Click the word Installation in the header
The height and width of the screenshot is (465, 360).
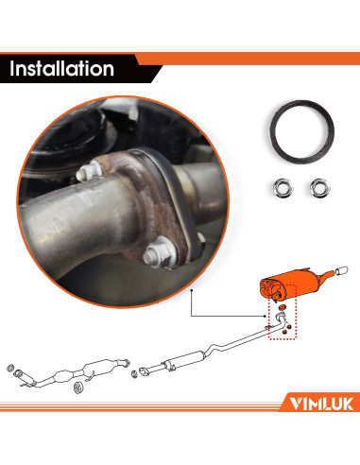[61, 69]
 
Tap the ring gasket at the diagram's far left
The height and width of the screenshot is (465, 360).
[10, 368]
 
